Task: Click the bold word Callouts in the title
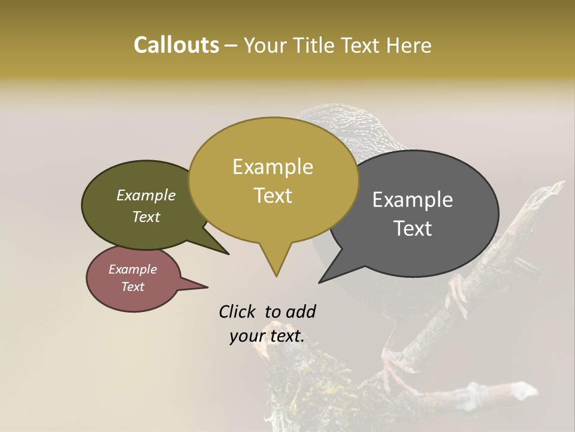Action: [x=176, y=45]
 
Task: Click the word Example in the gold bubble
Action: [x=273, y=167]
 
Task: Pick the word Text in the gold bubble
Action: [x=273, y=196]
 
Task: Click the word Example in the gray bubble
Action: [x=413, y=200]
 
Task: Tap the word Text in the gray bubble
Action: [x=413, y=229]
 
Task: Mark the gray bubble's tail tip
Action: [x=320, y=282]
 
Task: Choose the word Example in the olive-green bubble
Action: [x=146, y=196]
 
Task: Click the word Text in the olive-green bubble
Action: [x=146, y=217]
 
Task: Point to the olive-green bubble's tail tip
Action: [x=228, y=254]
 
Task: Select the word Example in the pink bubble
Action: [x=132, y=269]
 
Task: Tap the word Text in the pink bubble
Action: [x=132, y=287]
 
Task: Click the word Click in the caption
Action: [x=238, y=312]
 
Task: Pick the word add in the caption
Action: [x=301, y=312]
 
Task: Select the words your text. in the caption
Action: [x=267, y=337]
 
